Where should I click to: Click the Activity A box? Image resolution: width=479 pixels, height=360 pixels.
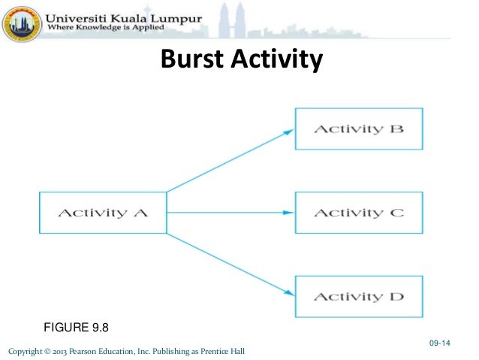click(103, 212)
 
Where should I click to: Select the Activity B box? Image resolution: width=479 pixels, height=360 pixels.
click(358, 129)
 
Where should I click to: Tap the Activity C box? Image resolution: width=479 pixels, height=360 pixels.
click(358, 212)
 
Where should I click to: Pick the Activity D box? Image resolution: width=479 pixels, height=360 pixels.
click(358, 296)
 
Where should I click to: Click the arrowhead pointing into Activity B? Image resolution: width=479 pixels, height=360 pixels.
click(288, 131)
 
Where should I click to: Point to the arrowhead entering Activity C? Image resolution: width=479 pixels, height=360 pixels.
click(288, 212)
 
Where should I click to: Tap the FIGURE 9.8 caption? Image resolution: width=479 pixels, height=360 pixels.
click(77, 326)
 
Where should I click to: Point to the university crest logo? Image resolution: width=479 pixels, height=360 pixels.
click(22, 22)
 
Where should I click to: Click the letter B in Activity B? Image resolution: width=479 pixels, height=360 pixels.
click(396, 129)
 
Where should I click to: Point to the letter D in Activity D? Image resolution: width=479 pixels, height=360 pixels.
click(396, 296)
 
